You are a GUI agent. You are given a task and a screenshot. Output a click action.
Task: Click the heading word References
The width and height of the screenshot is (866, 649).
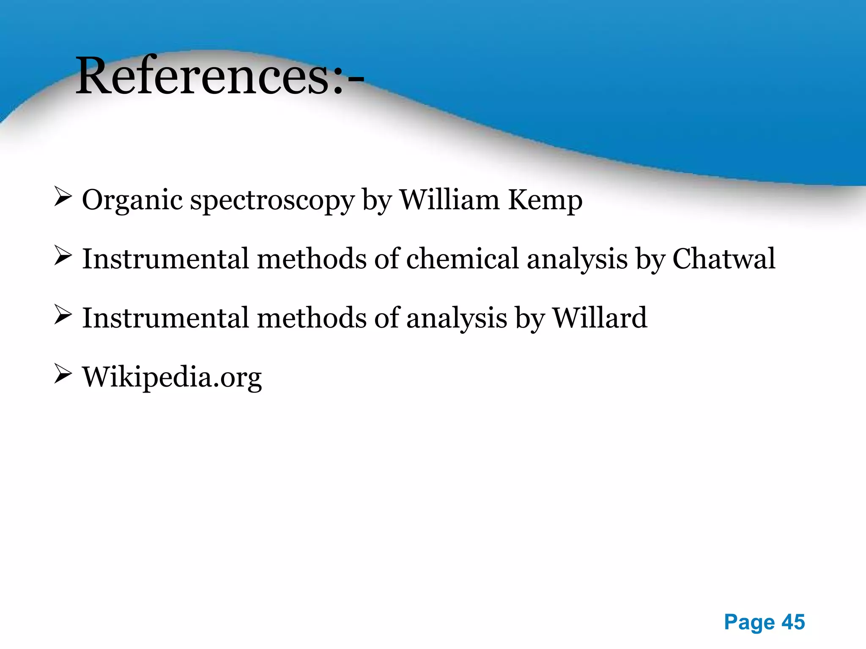tap(202, 76)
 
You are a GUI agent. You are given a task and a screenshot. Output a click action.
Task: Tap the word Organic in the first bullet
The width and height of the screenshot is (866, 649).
tap(132, 200)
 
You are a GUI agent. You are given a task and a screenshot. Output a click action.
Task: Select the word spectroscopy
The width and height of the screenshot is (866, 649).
tap(272, 200)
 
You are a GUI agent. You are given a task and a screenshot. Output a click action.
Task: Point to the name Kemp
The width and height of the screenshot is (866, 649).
tap(545, 200)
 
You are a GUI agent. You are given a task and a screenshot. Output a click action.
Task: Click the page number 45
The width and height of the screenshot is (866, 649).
tap(793, 622)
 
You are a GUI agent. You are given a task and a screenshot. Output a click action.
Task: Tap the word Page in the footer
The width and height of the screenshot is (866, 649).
tap(749, 622)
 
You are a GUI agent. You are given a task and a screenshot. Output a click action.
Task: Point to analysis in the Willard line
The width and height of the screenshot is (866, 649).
tap(457, 318)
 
